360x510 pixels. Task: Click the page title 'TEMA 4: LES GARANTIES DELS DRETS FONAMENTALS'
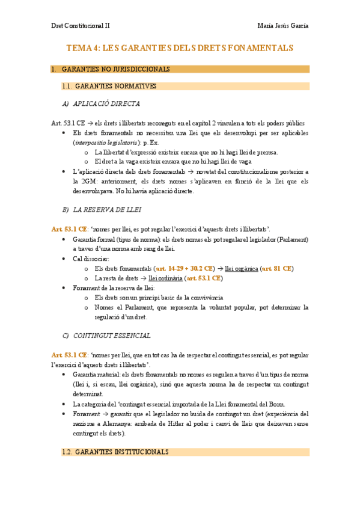[180, 48]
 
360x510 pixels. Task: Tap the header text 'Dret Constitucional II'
[80, 26]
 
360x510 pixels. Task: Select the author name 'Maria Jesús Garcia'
[282, 26]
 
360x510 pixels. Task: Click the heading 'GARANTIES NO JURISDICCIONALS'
[116, 69]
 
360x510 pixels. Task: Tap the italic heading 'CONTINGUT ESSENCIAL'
[112, 335]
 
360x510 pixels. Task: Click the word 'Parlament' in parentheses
[291, 239]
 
